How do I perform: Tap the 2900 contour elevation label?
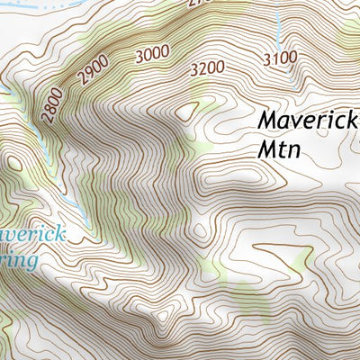93,70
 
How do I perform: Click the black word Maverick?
307,118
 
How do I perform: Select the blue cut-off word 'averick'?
33,235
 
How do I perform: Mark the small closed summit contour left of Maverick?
187,110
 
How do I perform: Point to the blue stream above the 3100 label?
278,27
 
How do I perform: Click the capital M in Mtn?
265,148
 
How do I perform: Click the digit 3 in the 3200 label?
195,68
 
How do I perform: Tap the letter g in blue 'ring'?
33,264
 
